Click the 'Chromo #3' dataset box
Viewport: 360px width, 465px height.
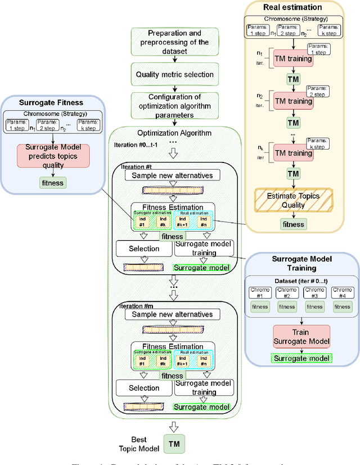tap(314, 293)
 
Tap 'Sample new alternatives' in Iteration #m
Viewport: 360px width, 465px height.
tap(172, 314)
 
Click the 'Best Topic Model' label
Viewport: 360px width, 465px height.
tap(136, 444)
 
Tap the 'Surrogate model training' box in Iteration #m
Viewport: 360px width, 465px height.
tap(204, 388)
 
